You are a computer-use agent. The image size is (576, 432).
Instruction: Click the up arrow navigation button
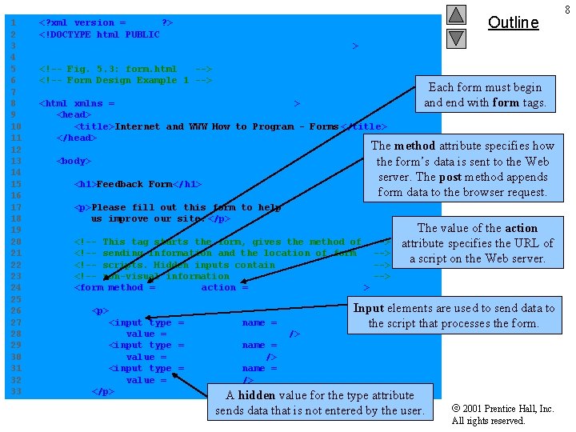coord(455,14)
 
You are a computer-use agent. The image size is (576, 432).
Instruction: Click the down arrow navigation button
coord(455,38)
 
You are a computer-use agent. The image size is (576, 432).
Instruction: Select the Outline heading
coord(513,22)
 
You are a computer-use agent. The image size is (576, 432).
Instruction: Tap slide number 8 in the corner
coord(566,9)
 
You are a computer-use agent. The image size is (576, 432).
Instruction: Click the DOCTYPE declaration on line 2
coord(99,34)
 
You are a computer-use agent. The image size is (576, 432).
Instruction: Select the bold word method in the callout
coord(414,146)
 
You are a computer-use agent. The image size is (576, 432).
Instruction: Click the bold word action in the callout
coord(521,228)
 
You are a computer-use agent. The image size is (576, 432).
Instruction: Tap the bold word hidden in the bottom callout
coord(256,395)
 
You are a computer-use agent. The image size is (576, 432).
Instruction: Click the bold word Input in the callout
coord(369,308)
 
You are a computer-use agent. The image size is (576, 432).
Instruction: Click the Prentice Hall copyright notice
coord(502,414)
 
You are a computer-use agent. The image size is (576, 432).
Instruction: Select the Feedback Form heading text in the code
coord(137,184)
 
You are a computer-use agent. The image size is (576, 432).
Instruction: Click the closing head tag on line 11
coord(77,138)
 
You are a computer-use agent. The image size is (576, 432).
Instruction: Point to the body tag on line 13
coord(74,161)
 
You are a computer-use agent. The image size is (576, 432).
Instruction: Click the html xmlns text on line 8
coord(78,103)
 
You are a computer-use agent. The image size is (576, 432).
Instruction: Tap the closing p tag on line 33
coord(103,391)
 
